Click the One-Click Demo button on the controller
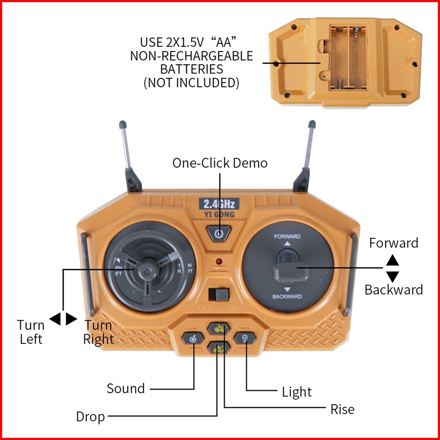pos(219,232)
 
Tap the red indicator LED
pos(219,260)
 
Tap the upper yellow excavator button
pos(219,329)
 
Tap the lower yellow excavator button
pos(219,349)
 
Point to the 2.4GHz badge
pos(219,203)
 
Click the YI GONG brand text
pos(219,214)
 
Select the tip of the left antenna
pos(122,125)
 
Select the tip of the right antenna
pos(312,125)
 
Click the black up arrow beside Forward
pos(392,260)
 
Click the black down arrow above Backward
pos(392,276)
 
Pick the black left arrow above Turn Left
pos(55,319)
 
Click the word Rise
pos(342,409)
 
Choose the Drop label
pos(90,417)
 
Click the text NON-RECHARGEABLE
pos(191,56)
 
